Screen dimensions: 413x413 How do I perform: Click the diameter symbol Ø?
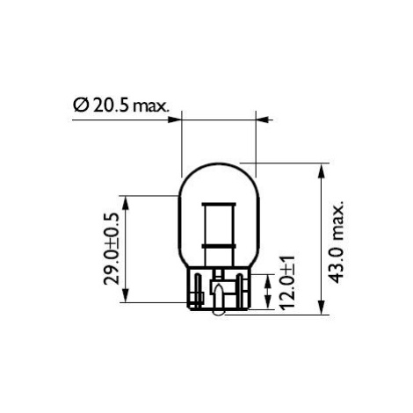(x=81, y=105)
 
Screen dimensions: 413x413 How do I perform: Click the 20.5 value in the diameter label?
(x=111, y=105)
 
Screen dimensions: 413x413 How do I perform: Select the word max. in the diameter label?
(x=151, y=107)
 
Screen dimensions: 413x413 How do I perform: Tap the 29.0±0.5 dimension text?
(x=112, y=249)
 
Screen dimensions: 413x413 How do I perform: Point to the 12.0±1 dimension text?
(x=287, y=283)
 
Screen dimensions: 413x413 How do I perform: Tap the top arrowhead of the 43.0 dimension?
(x=322, y=170)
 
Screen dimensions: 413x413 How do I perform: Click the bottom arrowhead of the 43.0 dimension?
(x=322, y=307)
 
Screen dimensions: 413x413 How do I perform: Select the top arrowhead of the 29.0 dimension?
(x=126, y=203)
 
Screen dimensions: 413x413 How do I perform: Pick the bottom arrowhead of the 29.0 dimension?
(x=126, y=295)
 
